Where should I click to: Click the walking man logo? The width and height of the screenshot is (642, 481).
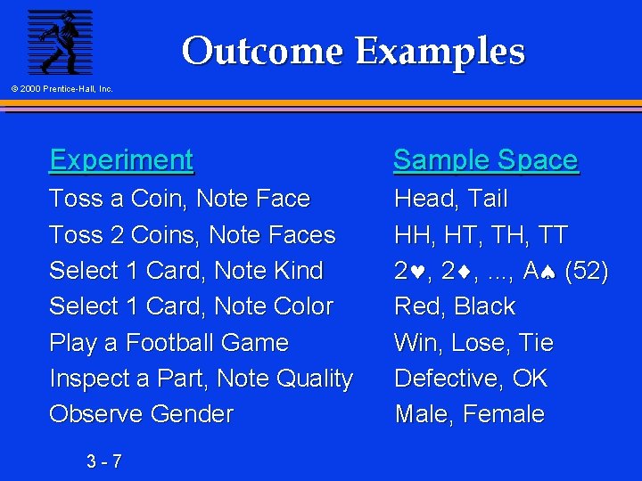(60, 42)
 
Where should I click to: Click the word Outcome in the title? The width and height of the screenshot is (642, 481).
(262, 51)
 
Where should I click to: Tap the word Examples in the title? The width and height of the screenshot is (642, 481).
(440, 51)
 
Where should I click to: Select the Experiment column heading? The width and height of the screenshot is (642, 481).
(121, 160)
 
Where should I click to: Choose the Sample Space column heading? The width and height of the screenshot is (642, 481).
(485, 160)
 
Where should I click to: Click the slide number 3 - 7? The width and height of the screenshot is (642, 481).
(104, 461)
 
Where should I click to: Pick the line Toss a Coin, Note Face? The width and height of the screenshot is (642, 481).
(179, 199)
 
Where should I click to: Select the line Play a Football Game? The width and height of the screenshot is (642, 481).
(169, 343)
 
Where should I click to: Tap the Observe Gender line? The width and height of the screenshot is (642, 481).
(141, 414)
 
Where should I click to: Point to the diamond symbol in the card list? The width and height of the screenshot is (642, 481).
(467, 272)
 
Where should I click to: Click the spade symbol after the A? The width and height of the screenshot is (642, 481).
(553, 272)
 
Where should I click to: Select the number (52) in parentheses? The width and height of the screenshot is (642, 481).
(588, 271)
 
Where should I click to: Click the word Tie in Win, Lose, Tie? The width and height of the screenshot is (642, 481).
(537, 343)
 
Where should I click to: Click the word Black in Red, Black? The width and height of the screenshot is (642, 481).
(484, 306)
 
